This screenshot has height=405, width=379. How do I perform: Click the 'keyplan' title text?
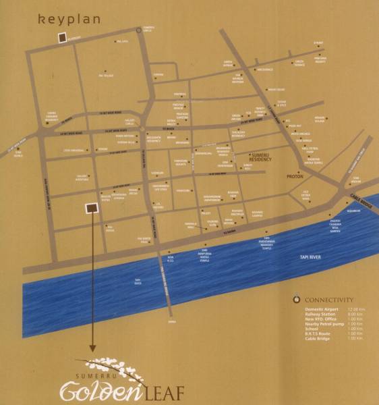pyautogui.click(x=69, y=19)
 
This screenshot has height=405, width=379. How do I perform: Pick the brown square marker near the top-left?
pyautogui.click(x=61, y=38)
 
